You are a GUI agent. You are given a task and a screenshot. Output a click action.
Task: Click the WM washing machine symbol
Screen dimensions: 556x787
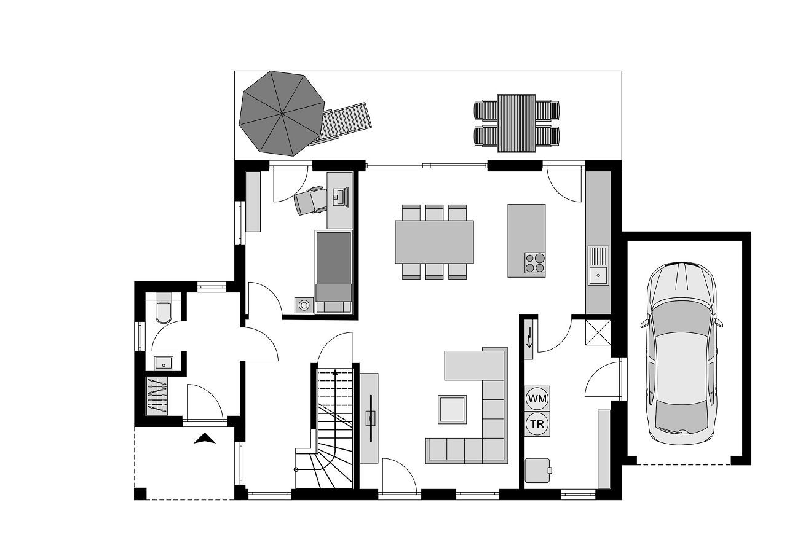(x=537, y=398)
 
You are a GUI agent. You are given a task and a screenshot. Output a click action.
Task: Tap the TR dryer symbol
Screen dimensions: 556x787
(x=537, y=423)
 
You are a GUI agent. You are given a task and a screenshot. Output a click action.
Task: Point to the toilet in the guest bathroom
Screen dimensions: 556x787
(x=164, y=311)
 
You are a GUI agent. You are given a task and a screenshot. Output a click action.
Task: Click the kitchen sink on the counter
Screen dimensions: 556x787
(x=598, y=265)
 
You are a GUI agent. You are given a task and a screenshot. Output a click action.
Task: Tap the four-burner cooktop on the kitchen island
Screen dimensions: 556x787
(x=534, y=262)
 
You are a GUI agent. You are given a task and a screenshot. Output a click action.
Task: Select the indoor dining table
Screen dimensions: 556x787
(x=434, y=241)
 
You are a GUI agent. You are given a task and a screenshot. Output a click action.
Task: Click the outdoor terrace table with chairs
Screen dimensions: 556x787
(x=516, y=122)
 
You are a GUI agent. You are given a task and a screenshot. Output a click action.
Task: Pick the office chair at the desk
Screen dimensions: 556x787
(x=310, y=200)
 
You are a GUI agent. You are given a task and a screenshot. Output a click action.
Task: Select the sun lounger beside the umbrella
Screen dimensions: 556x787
(x=346, y=125)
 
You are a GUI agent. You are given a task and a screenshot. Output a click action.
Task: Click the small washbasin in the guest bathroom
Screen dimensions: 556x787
(x=163, y=362)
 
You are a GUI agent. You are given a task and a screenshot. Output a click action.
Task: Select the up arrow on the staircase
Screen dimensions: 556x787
(x=335, y=372)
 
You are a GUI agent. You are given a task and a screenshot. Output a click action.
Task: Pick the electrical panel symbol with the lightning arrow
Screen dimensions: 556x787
(x=529, y=342)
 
